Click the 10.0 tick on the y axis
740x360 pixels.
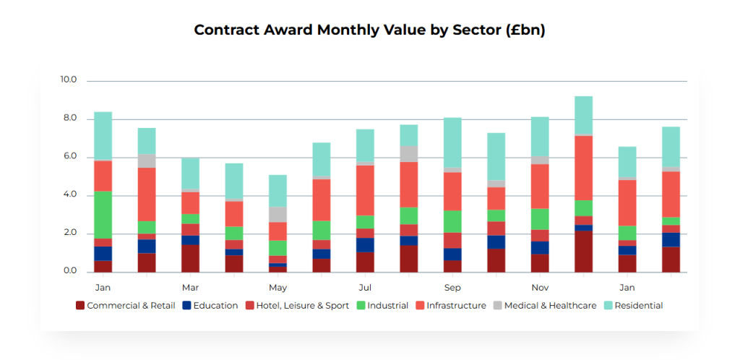[69, 80]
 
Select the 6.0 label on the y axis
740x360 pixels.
[69, 157]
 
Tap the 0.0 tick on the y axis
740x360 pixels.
[69, 272]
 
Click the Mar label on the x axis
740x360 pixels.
[190, 287]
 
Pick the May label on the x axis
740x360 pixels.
[277, 287]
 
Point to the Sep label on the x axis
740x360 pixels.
[452, 287]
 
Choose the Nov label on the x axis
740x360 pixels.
[540, 287]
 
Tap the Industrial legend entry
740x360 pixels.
[387, 306]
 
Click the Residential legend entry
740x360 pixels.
[638, 306]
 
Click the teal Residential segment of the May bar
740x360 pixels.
[277, 191]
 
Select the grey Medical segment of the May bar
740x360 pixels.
[277, 214]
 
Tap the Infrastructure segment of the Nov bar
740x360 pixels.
[540, 187]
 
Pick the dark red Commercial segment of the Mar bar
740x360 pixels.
[190, 259]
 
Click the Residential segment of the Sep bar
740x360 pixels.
[452, 142]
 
